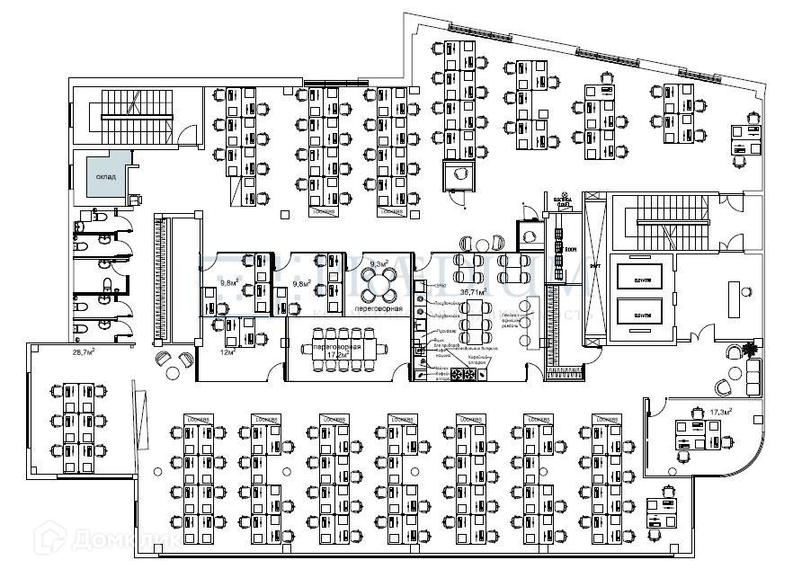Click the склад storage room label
click(105, 177)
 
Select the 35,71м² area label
click(473, 292)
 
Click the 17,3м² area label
click(719, 412)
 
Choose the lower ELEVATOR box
click(642, 314)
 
